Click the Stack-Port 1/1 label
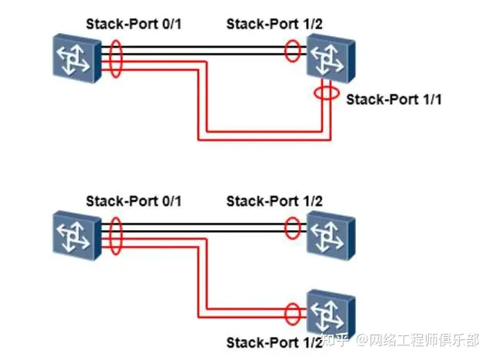394,100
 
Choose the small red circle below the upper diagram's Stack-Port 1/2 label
293,52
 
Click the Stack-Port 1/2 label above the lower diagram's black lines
274,202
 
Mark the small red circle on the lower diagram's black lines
293,228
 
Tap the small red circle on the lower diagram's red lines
293,312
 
